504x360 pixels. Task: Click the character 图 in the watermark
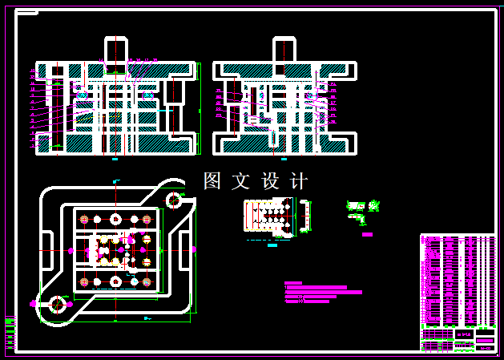tap(212, 181)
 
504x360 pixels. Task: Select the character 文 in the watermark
tap(240, 181)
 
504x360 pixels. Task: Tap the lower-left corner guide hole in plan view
tap(58, 304)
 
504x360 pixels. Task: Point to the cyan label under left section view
tap(115, 160)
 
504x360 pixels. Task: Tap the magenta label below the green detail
tap(367, 234)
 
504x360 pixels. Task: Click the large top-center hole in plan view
tap(115, 219)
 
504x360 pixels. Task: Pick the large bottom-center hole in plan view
tap(115, 281)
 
